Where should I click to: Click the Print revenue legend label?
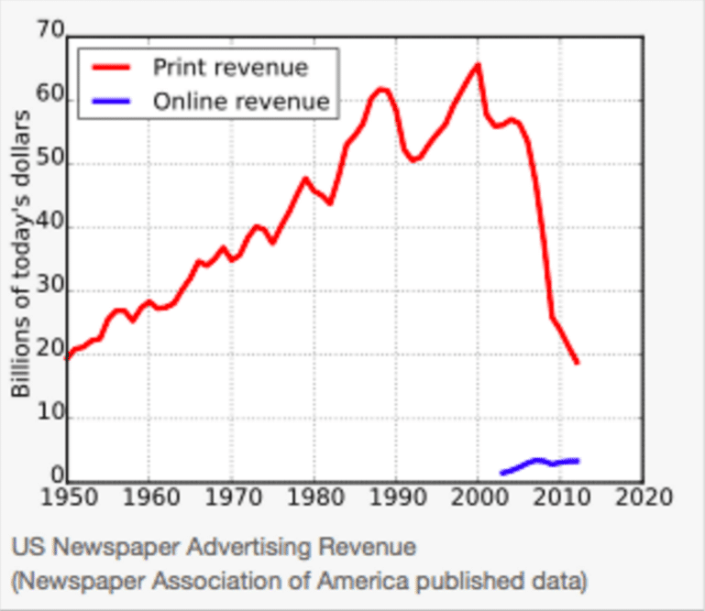click(230, 67)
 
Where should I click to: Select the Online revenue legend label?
click(240, 101)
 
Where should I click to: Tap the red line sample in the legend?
click(111, 67)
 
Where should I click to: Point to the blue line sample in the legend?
click(111, 101)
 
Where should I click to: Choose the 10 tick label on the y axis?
click(51, 417)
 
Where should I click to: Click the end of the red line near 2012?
click(577, 363)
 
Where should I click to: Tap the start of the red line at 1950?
click(68, 356)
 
